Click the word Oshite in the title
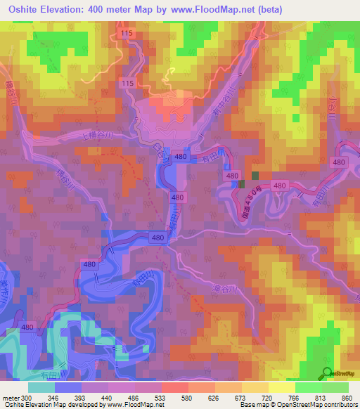tap(22, 8)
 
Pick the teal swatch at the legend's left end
tap(41, 387)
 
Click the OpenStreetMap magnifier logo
tap(327, 374)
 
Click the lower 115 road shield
tap(127, 83)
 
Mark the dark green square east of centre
tap(255, 176)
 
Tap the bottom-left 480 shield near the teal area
tap(27, 327)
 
